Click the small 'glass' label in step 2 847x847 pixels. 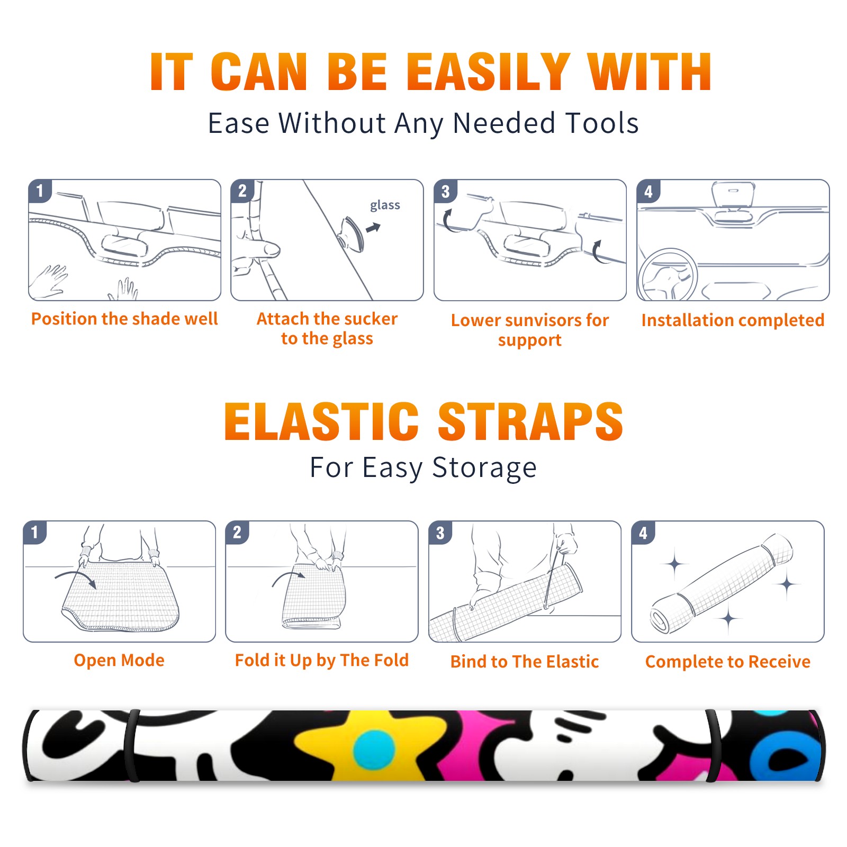[385, 205]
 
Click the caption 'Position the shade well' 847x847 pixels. [124, 319]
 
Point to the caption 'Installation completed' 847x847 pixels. [733, 320]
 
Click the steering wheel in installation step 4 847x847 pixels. [668, 275]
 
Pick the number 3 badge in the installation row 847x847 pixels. [445, 191]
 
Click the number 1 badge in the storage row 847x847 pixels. [35, 532]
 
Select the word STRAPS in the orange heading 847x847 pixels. [530, 421]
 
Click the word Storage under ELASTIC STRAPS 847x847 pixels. [484, 468]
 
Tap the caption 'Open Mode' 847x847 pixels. [119, 660]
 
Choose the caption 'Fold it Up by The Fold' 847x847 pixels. [322, 660]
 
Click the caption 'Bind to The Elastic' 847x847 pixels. [525, 661]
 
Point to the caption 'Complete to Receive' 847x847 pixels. [728, 662]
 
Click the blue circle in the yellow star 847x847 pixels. [374, 750]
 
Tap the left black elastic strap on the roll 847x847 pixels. [131, 745]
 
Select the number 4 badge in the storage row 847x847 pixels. [643, 533]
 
